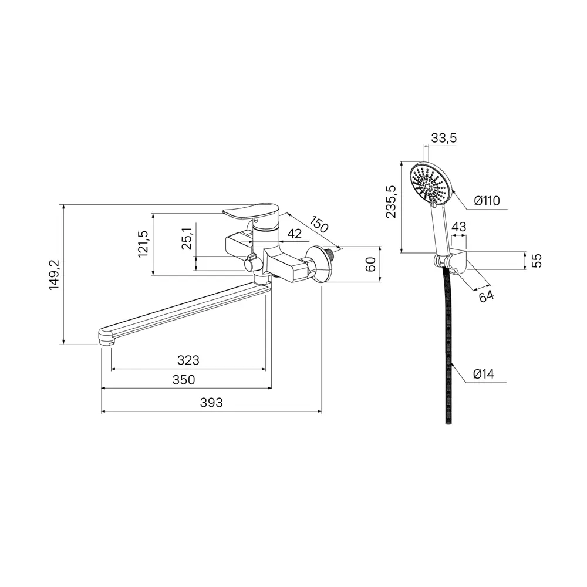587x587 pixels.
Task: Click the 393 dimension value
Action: coord(211,403)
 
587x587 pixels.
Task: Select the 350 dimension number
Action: coord(184,380)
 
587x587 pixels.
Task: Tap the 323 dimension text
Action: coord(188,360)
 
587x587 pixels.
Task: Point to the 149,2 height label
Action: coord(55,275)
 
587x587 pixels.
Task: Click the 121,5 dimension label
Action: coord(143,244)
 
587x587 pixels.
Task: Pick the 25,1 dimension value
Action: coord(187,238)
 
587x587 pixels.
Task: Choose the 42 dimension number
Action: coord(295,234)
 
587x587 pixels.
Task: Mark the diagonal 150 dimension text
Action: coord(319,224)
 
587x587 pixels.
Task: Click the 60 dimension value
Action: coord(370,265)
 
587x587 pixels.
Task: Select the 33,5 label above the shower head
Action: coord(444,138)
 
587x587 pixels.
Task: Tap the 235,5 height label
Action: coord(391,201)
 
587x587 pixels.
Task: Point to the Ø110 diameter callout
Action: coord(487,201)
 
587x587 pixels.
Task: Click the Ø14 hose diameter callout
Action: coord(484,374)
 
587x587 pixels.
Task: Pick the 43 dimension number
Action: coord(459,227)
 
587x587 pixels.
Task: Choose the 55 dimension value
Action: coord(537,261)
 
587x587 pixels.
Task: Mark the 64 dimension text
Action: coord(486,296)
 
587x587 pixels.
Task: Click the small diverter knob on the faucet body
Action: coord(251,263)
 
